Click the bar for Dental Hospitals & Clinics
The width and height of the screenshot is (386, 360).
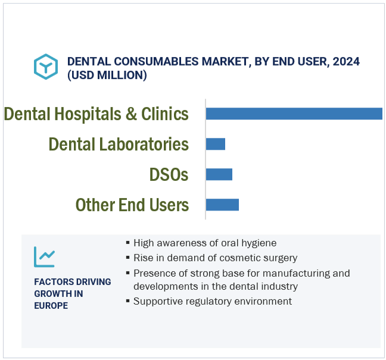294,114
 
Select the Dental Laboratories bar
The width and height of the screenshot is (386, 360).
215,144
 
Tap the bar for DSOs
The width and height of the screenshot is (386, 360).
219,174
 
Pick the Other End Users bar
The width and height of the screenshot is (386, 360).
222,205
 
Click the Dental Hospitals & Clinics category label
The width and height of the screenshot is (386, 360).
96,114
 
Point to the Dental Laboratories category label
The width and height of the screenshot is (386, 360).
119,144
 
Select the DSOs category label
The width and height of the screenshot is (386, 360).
169,174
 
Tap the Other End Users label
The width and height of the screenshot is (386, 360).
132,205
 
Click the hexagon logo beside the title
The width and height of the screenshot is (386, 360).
46,67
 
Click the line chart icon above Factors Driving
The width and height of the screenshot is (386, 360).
45,257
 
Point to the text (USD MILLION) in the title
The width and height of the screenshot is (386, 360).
107,75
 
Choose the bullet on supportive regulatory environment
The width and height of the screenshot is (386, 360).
212,301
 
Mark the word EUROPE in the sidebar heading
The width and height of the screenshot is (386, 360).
51,305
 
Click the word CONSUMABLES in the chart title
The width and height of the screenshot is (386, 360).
141,61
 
